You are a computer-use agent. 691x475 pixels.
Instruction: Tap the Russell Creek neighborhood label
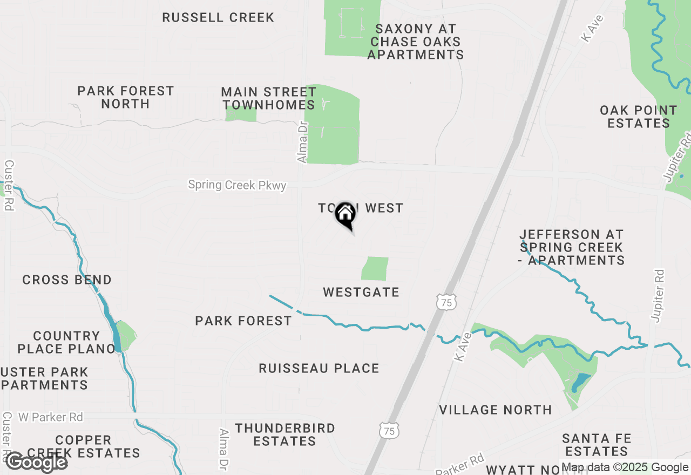[x=218, y=17]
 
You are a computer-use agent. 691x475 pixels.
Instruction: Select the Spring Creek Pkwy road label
[x=237, y=185]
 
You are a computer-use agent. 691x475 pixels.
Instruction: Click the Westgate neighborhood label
[x=361, y=292]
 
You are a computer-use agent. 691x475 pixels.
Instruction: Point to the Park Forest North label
[x=125, y=97]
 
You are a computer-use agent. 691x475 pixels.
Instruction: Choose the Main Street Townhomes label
[x=269, y=98]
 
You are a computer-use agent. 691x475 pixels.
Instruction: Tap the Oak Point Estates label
[x=638, y=117]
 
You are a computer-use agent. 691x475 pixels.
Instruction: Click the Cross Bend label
[x=67, y=280]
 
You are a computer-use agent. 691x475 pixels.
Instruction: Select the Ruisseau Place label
[x=319, y=368]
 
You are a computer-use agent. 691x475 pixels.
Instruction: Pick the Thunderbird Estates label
[x=285, y=435]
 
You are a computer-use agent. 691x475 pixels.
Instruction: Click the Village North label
[x=496, y=410]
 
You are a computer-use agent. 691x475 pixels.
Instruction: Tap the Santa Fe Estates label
[x=597, y=444]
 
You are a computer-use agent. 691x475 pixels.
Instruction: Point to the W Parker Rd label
[x=51, y=417]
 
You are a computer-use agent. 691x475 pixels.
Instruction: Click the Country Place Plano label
[x=66, y=342]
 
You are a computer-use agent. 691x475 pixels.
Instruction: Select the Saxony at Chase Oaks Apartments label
[x=416, y=42]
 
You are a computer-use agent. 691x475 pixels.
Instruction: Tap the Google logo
[x=37, y=462]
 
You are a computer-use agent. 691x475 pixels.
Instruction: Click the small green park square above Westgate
[x=375, y=268]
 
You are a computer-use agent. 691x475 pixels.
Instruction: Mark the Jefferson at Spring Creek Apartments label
[x=572, y=247]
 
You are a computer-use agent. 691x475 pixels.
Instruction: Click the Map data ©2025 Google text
[x=625, y=467]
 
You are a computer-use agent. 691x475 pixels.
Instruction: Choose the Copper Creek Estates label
[x=83, y=446]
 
